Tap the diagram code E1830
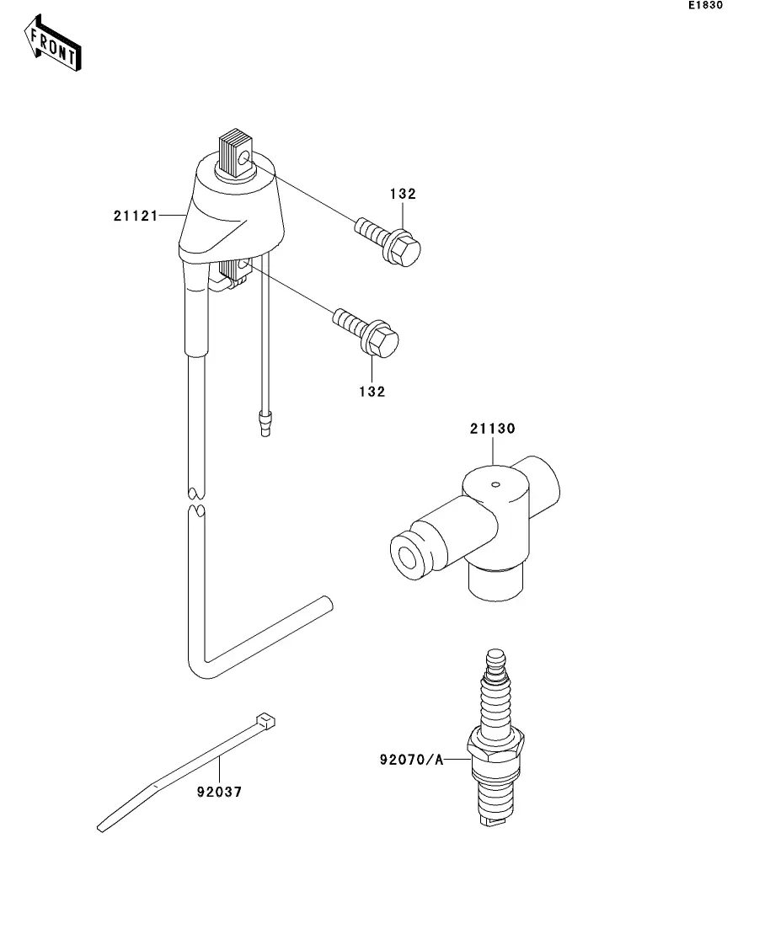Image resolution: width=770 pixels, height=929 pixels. tap(704, 6)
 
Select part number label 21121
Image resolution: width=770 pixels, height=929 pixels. tap(136, 216)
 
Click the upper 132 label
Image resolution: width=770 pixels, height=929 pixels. tap(403, 194)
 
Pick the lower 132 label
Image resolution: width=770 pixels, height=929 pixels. tap(372, 392)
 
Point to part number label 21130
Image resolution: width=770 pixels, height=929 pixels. tap(493, 429)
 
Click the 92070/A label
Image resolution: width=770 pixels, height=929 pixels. tap(411, 760)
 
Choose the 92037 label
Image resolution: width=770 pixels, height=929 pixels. tap(222, 793)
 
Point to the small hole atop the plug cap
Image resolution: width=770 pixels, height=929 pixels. tap(496, 483)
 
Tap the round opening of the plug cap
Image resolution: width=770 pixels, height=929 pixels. tap(410, 558)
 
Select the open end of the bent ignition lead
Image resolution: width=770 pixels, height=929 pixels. tap(326, 604)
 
